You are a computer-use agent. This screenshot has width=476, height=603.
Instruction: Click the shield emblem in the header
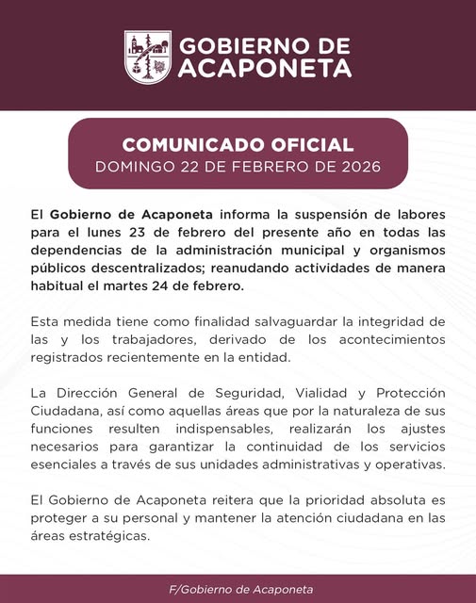[x=148, y=57]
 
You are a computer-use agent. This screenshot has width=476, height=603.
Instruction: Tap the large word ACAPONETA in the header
[x=265, y=68]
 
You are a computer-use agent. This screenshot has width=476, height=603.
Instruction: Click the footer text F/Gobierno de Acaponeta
[x=238, y=589]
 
